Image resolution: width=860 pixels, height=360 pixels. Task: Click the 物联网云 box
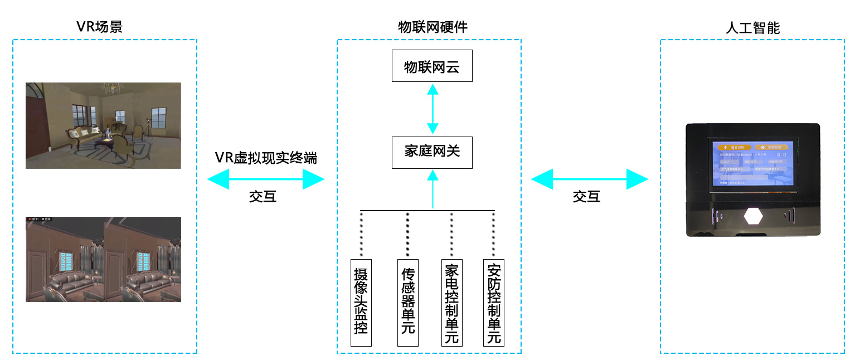click(x=432, y=66)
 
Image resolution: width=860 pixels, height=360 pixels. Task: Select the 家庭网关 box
click(x=432, y=152)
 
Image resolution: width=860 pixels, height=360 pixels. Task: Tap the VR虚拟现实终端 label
click(x=266, y=158)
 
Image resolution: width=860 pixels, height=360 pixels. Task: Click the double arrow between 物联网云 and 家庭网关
click(x=432, y=109)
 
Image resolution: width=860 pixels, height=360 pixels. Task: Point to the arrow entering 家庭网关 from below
click(x=432, y=189)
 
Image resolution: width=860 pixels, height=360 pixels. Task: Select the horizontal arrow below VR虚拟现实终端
click(x=265, y=179)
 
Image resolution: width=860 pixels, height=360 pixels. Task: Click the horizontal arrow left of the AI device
click(x=590, y=179)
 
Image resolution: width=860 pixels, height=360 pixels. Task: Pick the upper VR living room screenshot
click(x=103, y=125)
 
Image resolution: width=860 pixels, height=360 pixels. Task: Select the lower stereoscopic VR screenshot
click(x=103, y=259)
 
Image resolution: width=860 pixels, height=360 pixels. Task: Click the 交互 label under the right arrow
click(x=586, y=196)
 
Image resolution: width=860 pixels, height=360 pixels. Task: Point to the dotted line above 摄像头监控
click(x=361, y=234)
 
